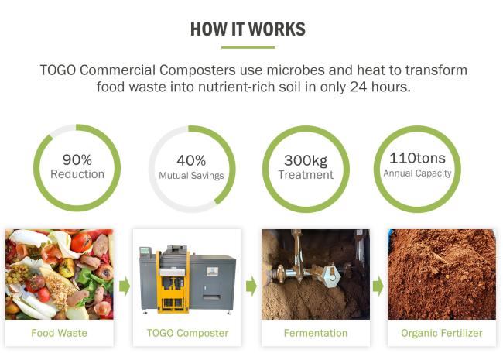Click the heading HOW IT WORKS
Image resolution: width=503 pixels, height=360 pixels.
coord(248,29)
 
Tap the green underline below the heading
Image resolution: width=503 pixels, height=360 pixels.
coord(248,47)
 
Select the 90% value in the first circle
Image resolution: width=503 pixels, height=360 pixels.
coord(77,159)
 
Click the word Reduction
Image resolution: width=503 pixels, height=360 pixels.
coord(77,174)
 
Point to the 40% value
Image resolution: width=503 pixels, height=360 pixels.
coord(191,160)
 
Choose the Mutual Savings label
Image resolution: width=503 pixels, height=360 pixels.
coord(191,176)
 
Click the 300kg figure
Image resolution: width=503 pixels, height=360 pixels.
coord(306,160)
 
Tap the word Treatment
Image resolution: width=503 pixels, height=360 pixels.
coord(306,174)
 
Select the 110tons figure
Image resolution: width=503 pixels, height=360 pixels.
coord(417,158)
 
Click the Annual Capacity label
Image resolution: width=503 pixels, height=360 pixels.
coord(417,173)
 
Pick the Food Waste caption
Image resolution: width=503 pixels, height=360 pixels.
coord(59,333)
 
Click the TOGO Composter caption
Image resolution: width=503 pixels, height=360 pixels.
coord(188,333)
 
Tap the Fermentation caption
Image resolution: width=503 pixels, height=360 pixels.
coord(316,333)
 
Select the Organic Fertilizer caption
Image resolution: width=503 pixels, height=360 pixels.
coord(442,333)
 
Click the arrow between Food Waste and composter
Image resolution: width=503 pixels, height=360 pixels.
coord(125,286)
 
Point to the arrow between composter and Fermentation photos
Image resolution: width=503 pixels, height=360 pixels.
coord(251,286)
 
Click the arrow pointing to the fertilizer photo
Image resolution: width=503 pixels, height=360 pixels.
coord(378,286)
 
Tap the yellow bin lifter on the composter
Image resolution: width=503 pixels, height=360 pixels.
coord(173,283)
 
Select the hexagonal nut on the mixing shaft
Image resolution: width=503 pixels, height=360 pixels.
coord(330,276)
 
